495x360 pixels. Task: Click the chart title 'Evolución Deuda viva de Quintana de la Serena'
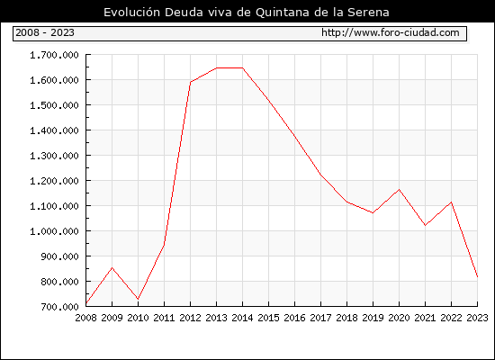247,13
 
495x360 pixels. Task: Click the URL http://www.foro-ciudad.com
391,32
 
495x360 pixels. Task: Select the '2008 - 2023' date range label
45,32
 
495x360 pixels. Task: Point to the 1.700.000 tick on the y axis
54,55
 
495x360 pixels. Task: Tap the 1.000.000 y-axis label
54,231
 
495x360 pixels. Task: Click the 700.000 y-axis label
59,307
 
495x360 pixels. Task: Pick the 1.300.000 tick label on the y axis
54,156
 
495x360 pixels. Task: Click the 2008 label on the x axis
85,318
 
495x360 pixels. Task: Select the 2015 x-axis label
269,318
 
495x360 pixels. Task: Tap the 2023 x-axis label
477,318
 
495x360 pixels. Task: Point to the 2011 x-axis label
164,318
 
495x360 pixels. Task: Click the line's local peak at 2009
112,268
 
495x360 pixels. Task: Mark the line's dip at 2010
138,299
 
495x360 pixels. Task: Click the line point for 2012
191,82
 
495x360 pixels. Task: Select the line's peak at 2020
399,190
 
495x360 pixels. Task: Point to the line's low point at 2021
425,226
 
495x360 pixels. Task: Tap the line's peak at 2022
452,202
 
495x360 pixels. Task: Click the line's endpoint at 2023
477,277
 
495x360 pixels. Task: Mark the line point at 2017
320,175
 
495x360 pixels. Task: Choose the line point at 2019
373,212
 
